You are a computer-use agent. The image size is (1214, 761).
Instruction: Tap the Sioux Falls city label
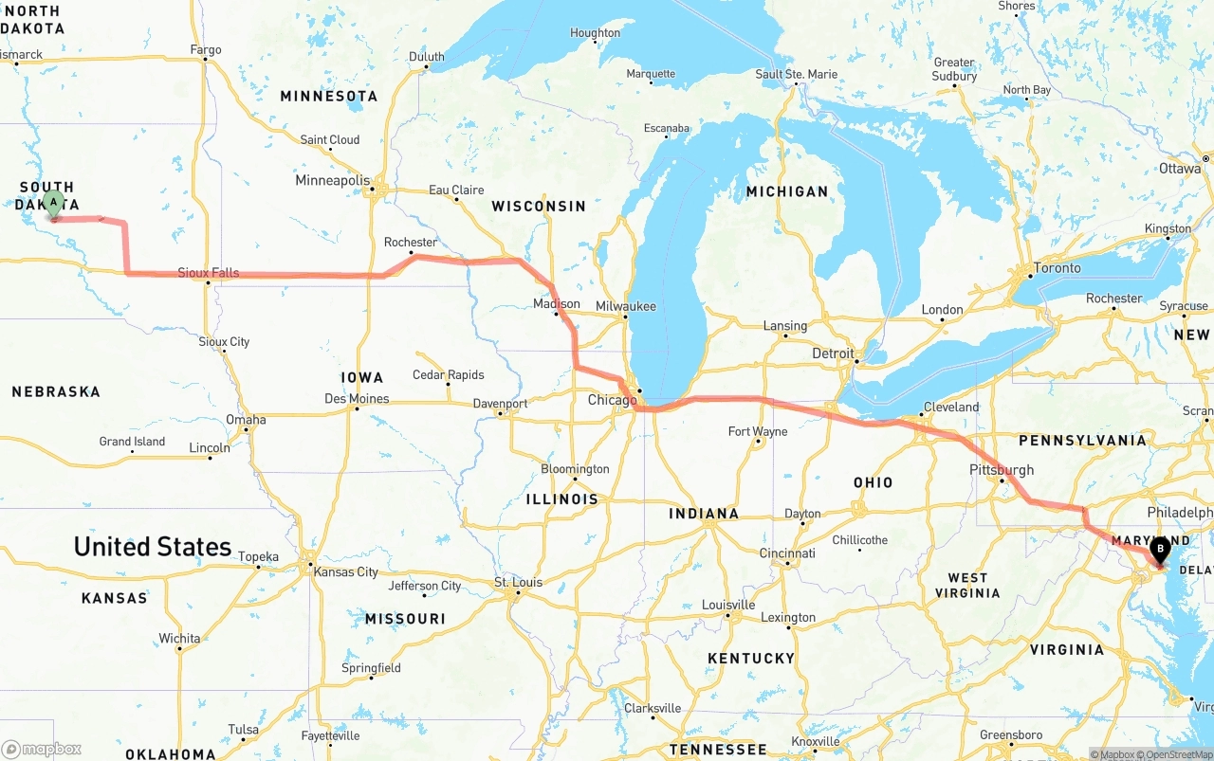click(209, 273)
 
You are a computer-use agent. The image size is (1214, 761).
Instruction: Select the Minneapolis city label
click(332, 180)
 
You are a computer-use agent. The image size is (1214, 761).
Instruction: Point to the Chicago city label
click(612, 400)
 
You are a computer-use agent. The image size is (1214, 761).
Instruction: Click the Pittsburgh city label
click(1002, 470)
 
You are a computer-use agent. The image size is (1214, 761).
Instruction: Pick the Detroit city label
click(833, 353)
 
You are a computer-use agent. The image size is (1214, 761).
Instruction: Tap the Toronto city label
click(1057, 268)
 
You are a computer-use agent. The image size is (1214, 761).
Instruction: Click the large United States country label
click(153, 547)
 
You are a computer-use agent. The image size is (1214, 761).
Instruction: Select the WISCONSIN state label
click(539, 206)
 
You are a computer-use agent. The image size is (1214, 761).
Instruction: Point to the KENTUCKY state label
click(750, 658)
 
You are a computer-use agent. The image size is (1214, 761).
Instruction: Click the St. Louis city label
click(518, 582)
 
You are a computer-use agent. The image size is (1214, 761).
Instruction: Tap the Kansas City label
click(345, 571)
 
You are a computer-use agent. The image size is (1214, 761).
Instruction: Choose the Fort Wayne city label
click(757, 432)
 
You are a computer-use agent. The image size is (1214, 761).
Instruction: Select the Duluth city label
click(426, 57)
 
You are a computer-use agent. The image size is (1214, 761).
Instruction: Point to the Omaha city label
click(246, 420)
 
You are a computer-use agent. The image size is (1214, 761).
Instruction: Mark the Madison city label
click(556, 304)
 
